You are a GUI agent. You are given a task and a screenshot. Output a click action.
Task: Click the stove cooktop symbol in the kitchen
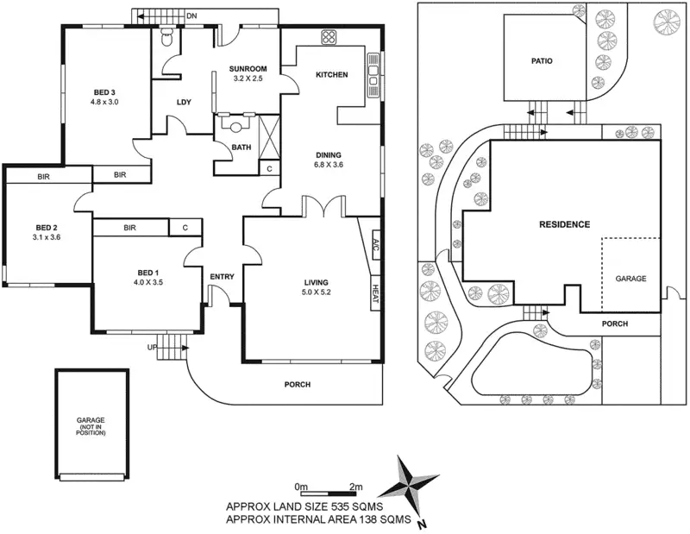coord(329,37)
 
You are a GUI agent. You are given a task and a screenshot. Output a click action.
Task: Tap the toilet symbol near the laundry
coord(167,37)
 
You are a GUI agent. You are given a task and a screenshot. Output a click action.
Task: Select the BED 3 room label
coord(104,92)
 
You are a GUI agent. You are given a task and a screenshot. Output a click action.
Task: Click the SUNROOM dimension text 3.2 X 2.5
coord(248,79)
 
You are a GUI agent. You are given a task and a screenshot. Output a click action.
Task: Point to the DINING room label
coord(329,155)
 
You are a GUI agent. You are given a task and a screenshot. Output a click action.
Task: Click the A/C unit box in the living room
coord(376,245)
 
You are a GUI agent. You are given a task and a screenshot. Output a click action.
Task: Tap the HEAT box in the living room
coord(375,293)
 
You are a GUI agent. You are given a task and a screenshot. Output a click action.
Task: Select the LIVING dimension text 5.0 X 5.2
coord(316,292)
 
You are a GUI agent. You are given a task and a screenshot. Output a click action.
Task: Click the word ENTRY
coord(222,276)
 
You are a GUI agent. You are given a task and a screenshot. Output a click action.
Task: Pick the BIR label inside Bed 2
coord(44,177)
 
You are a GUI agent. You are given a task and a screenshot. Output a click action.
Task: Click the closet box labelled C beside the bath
coord(269,168)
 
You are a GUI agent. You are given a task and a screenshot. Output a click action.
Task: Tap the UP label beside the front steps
coord(152,348)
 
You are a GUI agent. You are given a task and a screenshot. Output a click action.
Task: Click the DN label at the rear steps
coord(191,16)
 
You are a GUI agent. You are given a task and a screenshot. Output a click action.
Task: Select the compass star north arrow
coord(407,485)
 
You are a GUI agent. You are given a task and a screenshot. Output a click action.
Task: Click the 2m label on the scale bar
coord(355,487)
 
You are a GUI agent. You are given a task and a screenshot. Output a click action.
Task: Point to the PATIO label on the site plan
coord(542,61)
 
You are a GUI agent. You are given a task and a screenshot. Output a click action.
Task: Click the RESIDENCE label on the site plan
coord(565,224)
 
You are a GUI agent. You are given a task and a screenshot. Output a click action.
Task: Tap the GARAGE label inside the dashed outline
coord(630,279)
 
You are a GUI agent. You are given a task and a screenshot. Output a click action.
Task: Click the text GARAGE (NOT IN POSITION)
coord(91,426)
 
